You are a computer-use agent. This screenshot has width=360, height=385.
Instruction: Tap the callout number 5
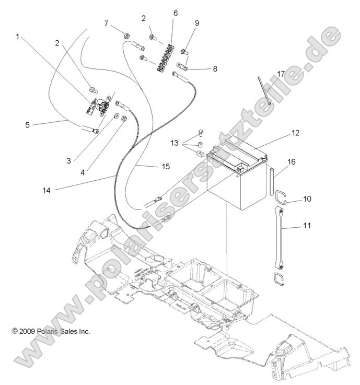[28, 125]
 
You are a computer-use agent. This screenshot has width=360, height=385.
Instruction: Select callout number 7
[107, 24]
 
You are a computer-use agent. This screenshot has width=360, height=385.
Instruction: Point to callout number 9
[197, 23]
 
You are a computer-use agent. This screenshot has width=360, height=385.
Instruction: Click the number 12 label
[296, 133]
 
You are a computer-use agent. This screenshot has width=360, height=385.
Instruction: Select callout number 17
[281, 74]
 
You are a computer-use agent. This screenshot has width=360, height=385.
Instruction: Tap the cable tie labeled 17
[264, 90]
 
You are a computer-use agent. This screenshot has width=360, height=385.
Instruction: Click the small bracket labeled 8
[181, 66]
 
